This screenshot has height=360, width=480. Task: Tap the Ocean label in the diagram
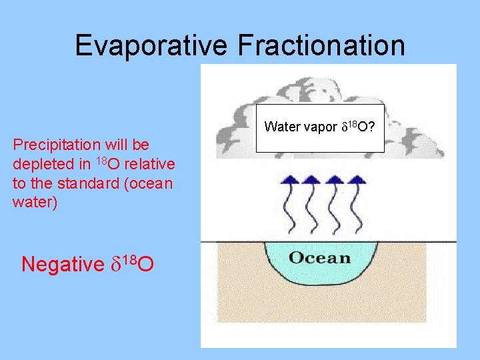pos(319,257)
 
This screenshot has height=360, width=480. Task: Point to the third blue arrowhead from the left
pos(335,179)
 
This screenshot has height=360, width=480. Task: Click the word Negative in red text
pos(59,265)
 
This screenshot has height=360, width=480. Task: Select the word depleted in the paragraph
pos(40,164)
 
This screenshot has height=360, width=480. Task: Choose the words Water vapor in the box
pos(297,127)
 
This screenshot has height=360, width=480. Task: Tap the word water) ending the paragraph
pos(35,202)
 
